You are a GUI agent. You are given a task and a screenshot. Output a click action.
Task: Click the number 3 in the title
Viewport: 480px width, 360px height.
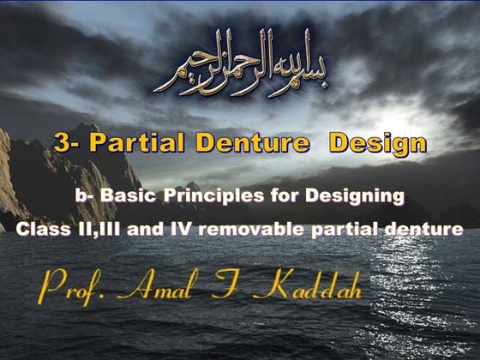(x=61, y=143)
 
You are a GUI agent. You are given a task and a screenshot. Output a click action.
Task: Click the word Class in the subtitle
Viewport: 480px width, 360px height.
(x=40, y=230)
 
